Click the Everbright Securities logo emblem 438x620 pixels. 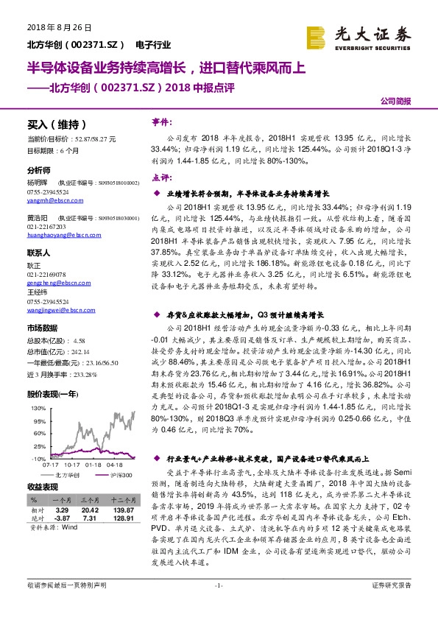click(317, 35)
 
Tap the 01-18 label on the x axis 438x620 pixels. click(93, 465)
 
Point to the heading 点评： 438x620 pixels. click(161, 177)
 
